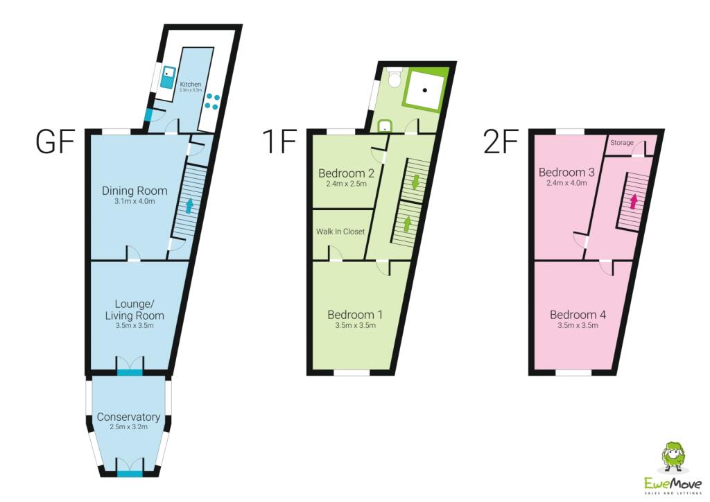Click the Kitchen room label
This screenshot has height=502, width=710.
(191, 84)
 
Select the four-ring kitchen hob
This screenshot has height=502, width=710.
(212, 101)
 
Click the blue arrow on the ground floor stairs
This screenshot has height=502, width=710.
(189, 206)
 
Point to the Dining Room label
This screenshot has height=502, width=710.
(135, 191)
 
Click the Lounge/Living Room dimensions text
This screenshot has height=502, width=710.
(134, 325)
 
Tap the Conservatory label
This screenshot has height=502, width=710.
(128, 417)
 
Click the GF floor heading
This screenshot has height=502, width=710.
(55, 141)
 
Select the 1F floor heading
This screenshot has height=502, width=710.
(279, 141)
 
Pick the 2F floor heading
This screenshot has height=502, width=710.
(501, 141)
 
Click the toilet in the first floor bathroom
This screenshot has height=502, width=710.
(395, 77)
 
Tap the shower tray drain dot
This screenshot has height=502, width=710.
(425, 90)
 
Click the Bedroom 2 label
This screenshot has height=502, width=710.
(347, 173)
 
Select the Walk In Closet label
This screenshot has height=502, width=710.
(340, 232)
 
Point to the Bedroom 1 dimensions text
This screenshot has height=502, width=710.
(356, 325)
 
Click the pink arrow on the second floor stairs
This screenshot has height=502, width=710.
(634, 200)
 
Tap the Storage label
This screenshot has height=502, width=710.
(622, 143)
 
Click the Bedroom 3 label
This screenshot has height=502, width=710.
(566, 172)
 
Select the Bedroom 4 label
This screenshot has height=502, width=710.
(578, 315)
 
